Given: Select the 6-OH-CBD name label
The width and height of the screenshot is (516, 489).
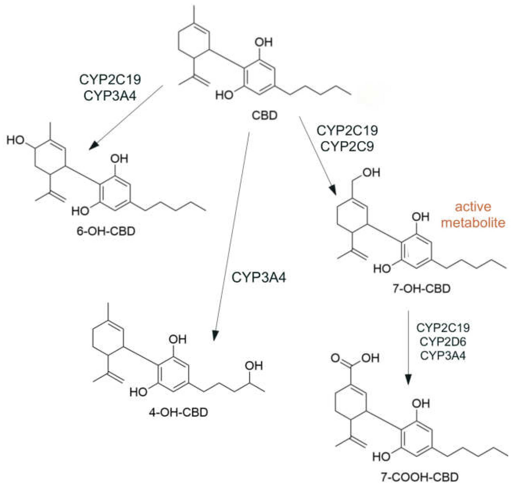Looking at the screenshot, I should [106, 231].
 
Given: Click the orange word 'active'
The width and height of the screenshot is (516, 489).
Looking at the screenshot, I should [473, 207].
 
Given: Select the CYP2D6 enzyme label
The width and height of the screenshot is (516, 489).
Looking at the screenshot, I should [443, 342].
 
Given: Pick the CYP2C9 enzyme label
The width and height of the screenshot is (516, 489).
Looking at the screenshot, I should [347, 147].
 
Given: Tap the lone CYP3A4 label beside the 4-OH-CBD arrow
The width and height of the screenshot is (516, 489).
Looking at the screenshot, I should [259, 277].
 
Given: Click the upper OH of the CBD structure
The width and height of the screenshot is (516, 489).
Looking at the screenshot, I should [264, 42].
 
